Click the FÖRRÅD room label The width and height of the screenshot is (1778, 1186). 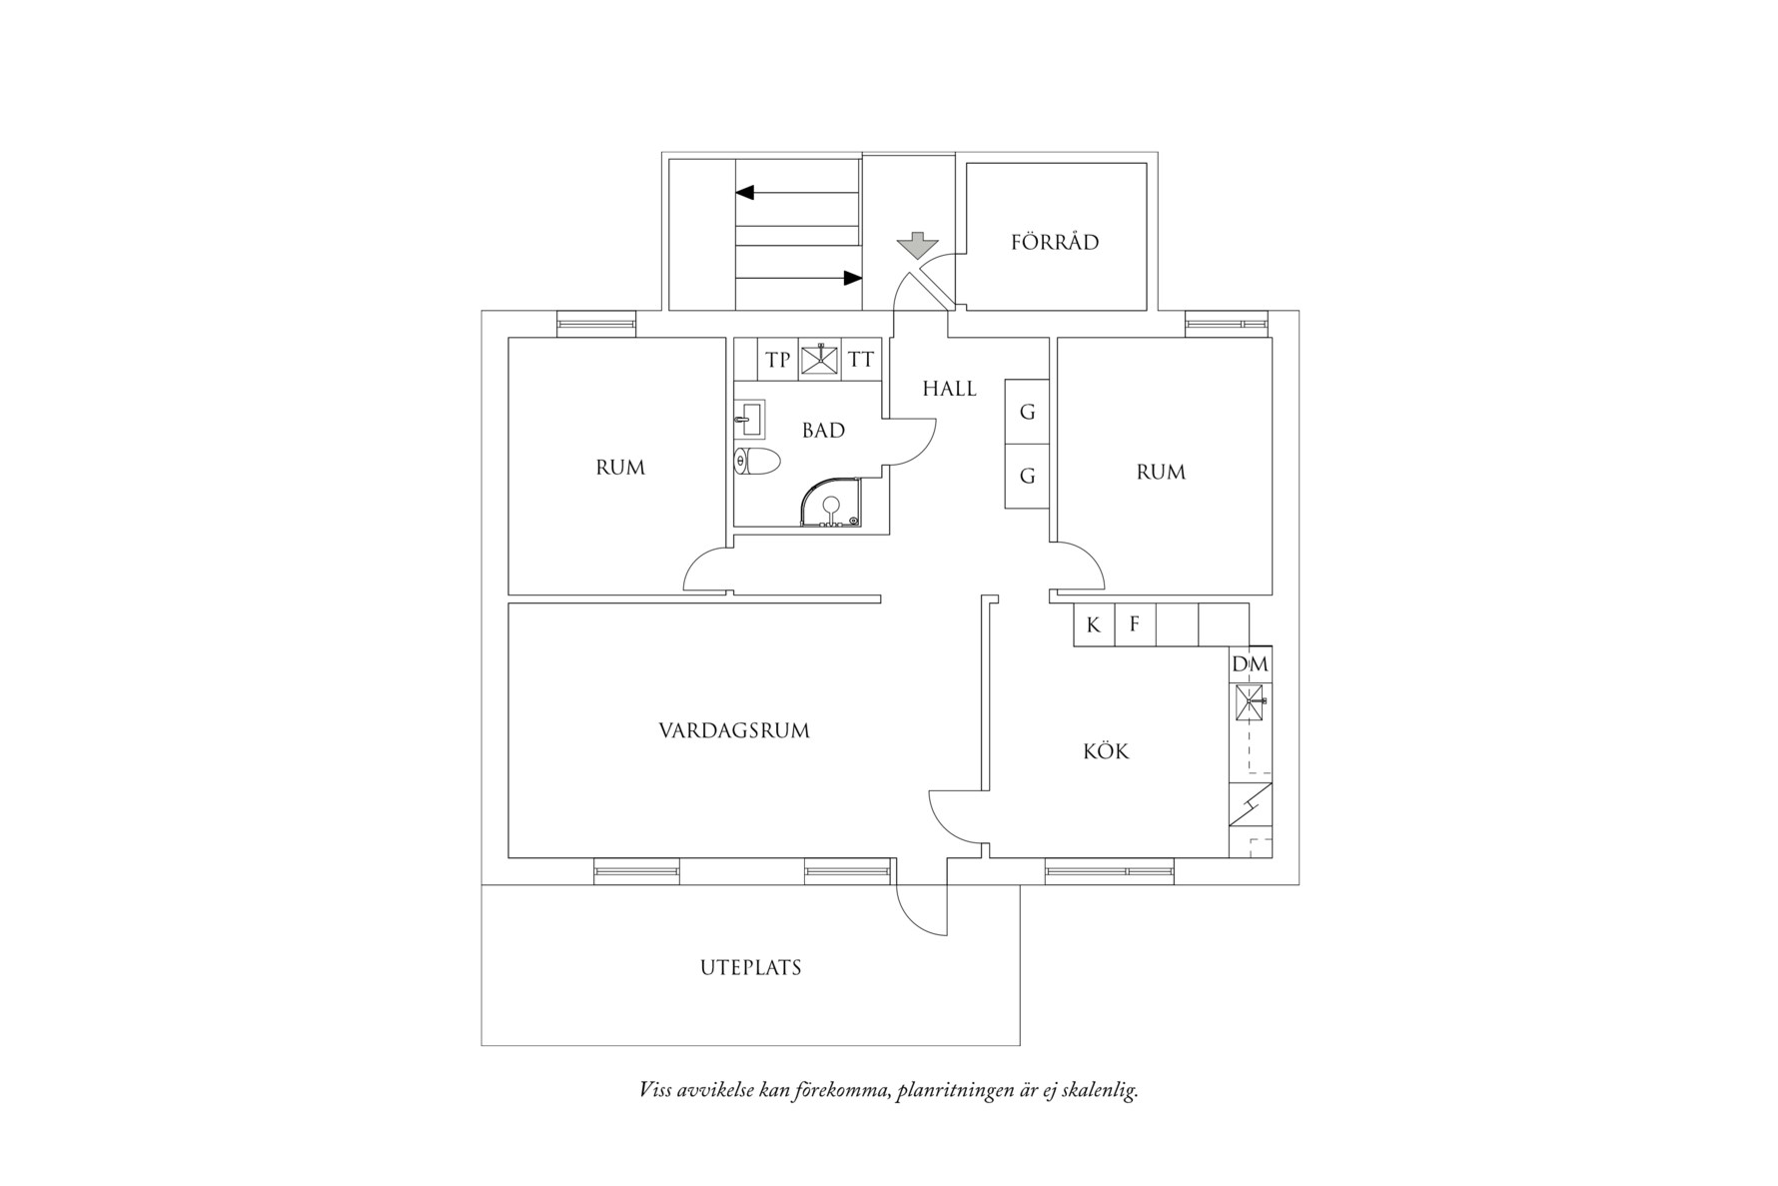click(x=1055, y=242)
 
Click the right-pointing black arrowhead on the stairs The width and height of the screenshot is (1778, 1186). click(x=852, y=278)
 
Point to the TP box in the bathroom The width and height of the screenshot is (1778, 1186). click(x=777, y=360)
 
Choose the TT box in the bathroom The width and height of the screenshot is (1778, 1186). click(x=861, y=360)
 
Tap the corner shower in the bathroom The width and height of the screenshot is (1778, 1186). click(x=831, y=503)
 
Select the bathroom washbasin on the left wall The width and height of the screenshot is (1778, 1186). click(x=748, y=419)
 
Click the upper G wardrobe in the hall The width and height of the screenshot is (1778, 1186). click(x=1027, y=412)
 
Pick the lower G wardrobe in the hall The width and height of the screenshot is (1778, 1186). click(x=1027, y=477)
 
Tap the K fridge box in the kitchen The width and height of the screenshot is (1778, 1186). click(x=1094, y=625)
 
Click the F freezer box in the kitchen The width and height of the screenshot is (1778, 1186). click(x=1135, y=625)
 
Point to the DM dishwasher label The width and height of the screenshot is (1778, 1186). click(x=1250, y=664)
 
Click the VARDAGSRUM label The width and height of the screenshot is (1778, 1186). click(x=734, y=730)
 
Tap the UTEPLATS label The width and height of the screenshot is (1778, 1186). click(x=750, y=967)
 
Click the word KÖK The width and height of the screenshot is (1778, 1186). click(x=1106, y=751)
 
